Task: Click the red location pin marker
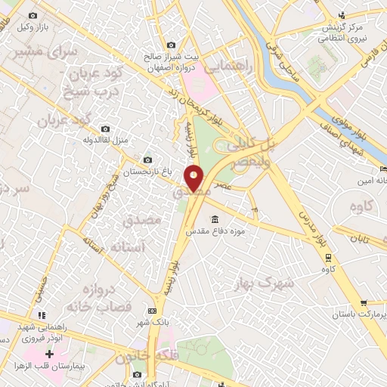pyautogui.click(x=194, y=178)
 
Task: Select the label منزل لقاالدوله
pyautogui.click(x=104, y=140)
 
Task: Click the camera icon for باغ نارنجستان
pyautogui.click(x=147, y=159)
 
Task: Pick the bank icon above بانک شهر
pyautogui.click(x=153, y=310)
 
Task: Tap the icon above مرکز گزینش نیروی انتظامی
pyautogui.click(x=341, y=14)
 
